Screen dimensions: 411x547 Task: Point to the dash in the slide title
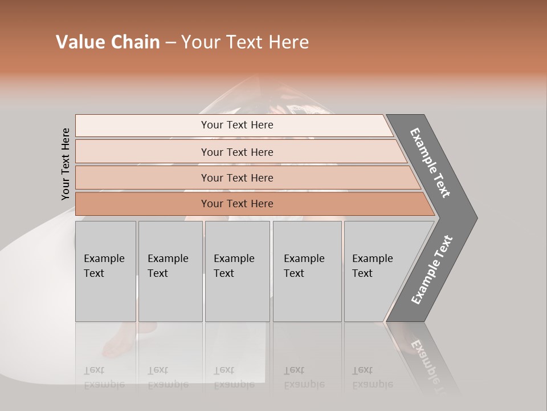click(170, 43)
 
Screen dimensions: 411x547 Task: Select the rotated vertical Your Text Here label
click(66, 164)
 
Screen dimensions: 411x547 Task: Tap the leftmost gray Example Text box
click(105, 271)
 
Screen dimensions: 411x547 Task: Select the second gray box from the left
click(170, 271)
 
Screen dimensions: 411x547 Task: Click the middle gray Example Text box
click(237, 271)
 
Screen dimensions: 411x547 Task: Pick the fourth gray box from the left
click(307, 271)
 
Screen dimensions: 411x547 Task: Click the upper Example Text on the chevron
click(430, 163)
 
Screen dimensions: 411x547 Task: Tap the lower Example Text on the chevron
click(431, 269)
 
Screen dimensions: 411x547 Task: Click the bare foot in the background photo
click(117, 342)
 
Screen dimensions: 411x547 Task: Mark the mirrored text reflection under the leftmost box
click(104, 377)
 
